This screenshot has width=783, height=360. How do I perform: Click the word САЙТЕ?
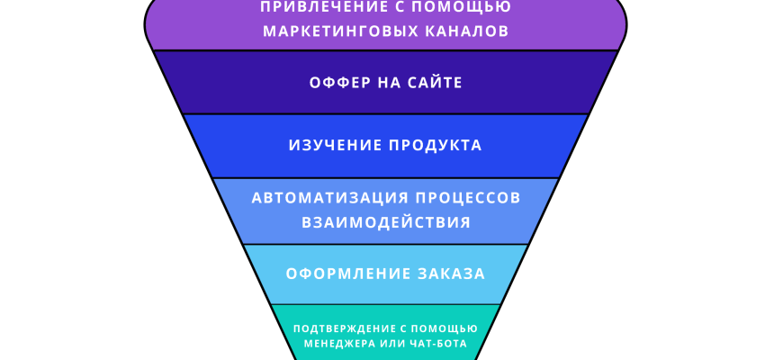tap(436, 83)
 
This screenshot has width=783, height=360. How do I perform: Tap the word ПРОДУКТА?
tap(436, 145)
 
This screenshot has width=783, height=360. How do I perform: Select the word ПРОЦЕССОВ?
tap(462, 198)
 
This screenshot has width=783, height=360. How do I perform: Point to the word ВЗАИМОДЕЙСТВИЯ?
tap(386, 222)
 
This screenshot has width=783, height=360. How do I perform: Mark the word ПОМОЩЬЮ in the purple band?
tap(472, 7)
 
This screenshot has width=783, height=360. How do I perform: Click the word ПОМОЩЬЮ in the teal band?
tap(448, 328)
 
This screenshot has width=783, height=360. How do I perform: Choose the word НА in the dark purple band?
tap(389, 83)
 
